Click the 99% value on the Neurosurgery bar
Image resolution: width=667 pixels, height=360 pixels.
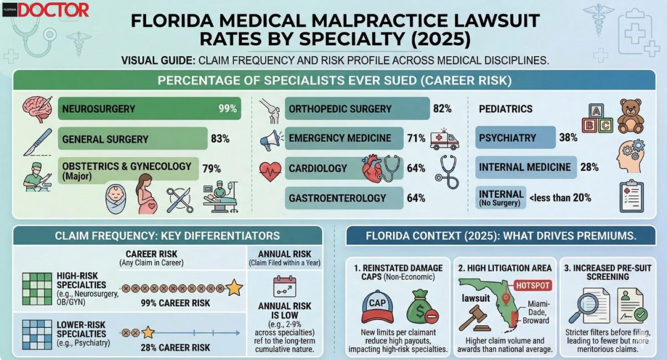tap(228, 108)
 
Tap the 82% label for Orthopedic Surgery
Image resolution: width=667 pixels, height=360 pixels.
tap(442, 108)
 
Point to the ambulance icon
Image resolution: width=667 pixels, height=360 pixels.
tap(445, 139)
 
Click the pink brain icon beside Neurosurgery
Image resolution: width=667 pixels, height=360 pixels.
tap(37, 108)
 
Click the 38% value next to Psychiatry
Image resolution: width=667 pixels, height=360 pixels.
tap(568, 138)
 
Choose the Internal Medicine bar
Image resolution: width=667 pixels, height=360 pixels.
tap(526, 167)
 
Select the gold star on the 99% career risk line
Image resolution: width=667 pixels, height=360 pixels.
tap(234, 288)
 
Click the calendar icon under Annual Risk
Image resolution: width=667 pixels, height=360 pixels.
tap(284, 286)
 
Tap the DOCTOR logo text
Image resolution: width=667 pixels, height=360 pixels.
tap(53, 10)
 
